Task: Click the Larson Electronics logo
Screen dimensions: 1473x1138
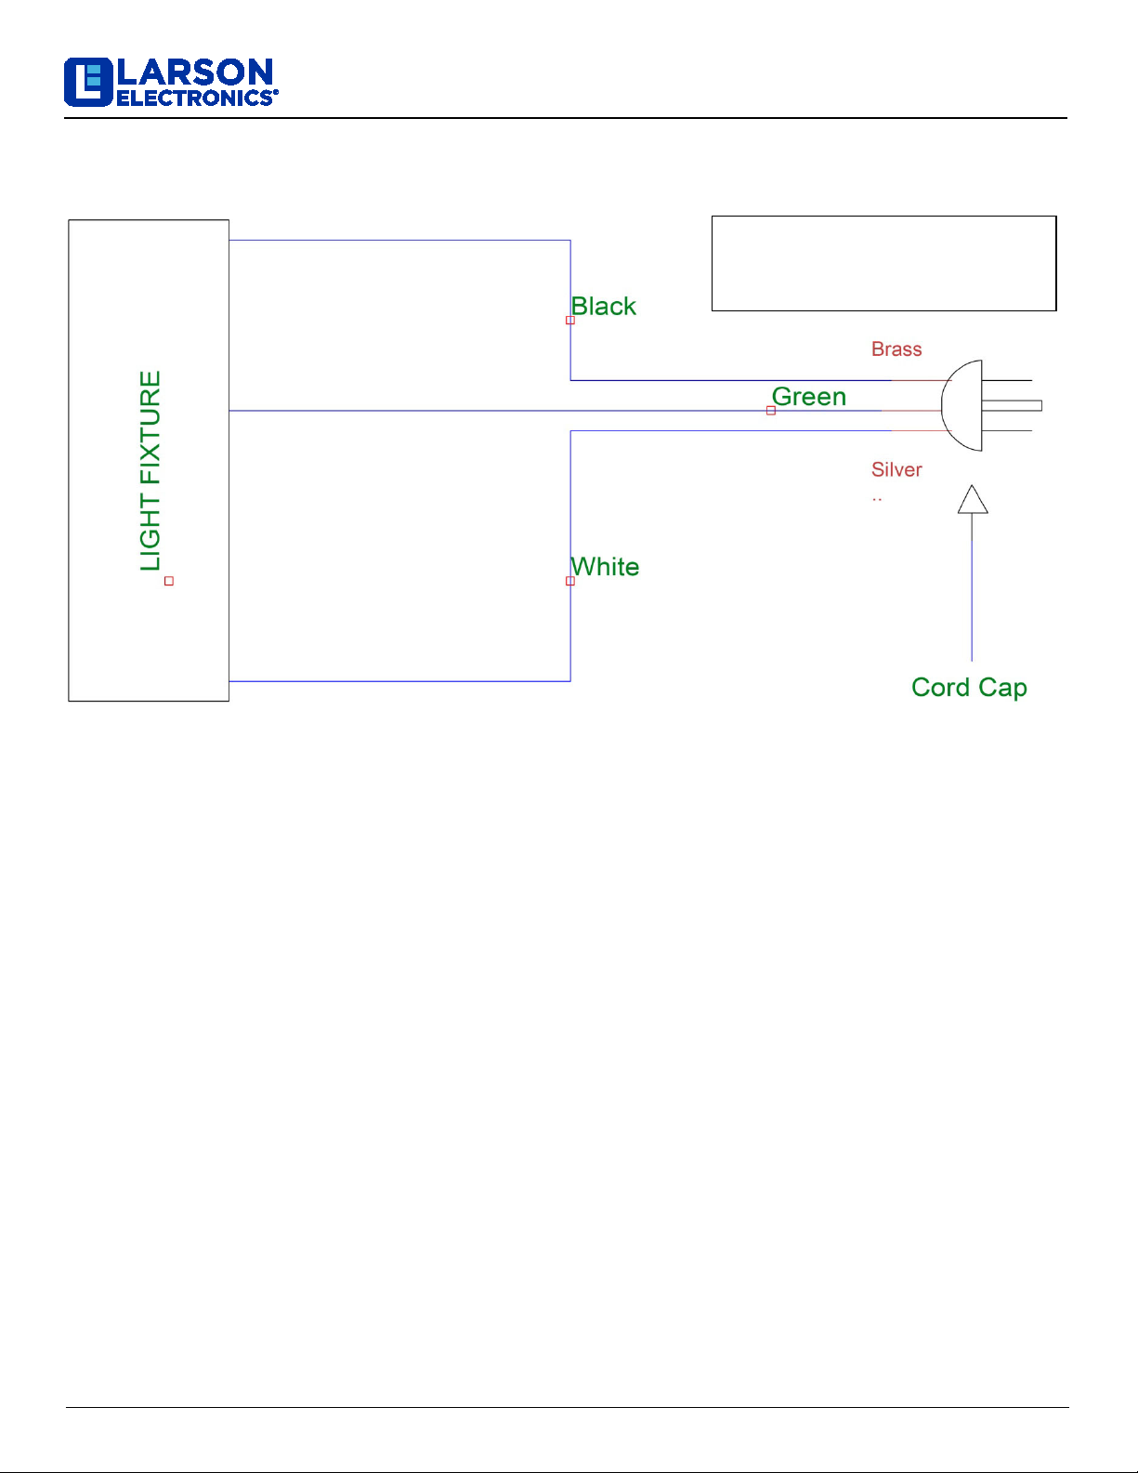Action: tap(171, 83)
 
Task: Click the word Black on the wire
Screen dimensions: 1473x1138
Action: tap(604, 307)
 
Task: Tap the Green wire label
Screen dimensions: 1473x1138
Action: tap(809, 397)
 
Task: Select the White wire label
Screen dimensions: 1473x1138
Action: tap(606, 567)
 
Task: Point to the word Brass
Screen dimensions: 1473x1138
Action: tap(896, 349)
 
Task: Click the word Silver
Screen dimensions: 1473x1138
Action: tap(896, 470)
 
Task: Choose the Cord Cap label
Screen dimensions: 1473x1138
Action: tap(969, 688)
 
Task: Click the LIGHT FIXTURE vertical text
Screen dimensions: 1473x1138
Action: tap(150, 470)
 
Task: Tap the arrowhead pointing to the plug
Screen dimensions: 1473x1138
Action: tap(973, 500)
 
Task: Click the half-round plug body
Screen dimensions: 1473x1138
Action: tap(964, 405)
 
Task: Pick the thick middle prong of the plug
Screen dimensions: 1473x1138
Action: tap(1013, 405)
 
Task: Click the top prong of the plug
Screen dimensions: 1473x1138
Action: tap(1007, 380)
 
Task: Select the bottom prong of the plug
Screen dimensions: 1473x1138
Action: tap(1007, 430)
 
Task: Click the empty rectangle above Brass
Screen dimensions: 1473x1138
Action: tap(883, 263)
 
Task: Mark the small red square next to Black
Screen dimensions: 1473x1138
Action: tap(570, 320)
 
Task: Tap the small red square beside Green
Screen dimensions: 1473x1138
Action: tap(771, 411)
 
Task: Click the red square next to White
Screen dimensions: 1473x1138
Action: tap(570, 581)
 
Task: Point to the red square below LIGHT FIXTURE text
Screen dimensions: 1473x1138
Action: tap(169, 581)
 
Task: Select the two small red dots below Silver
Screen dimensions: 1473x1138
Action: tap(877, 500)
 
